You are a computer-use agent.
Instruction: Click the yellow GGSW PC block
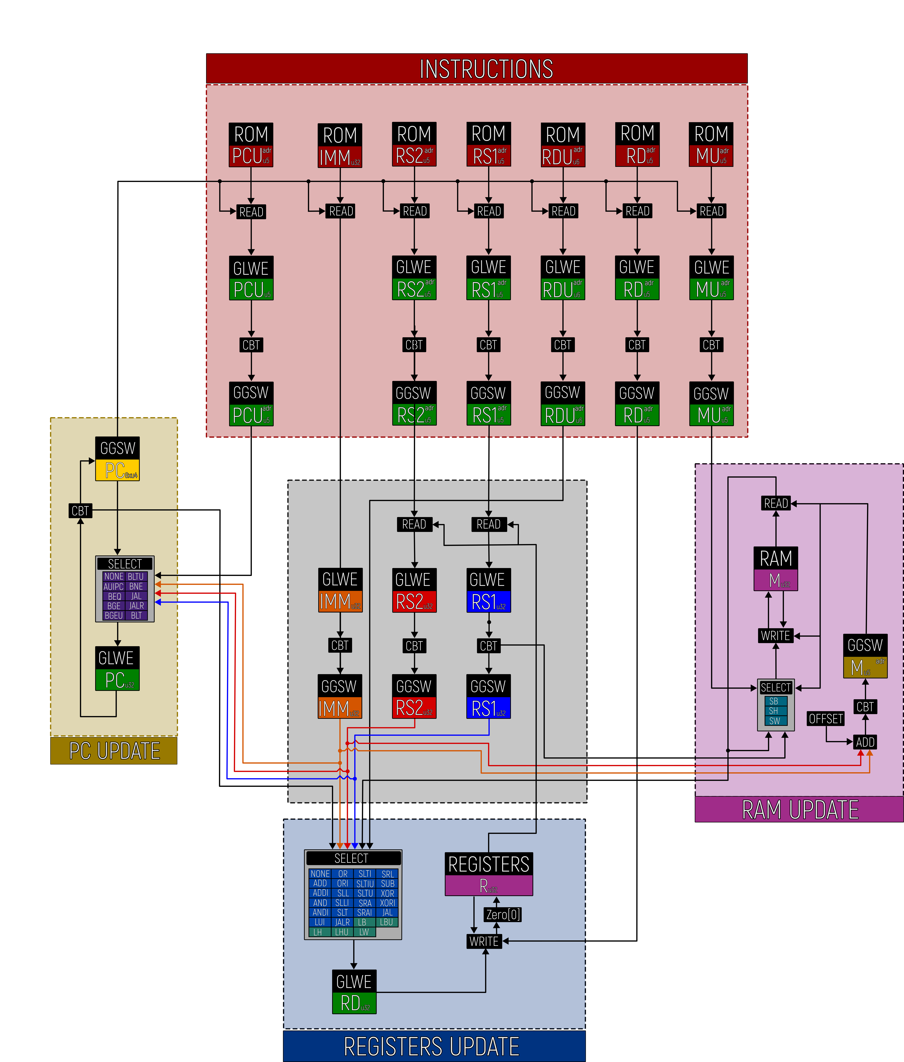tap(117, 459)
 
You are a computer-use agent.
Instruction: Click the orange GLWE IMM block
tap(340, 590)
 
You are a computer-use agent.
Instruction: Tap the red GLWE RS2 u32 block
tap(414, 590)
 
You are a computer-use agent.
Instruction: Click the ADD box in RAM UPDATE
tap(865, 742)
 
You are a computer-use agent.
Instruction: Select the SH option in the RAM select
tap(774, 711)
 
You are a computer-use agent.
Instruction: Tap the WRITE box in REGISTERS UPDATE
tap(484, 942)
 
